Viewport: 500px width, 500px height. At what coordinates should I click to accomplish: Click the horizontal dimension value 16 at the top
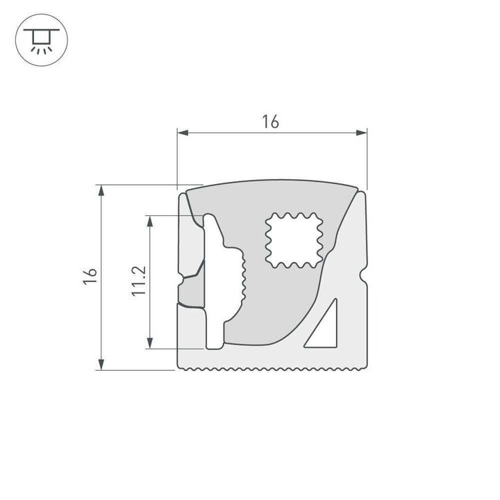(x=270, y=122)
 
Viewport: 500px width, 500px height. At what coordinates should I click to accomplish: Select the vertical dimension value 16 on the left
(x=89, y=275)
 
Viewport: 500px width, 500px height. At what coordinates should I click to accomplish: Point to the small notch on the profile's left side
(x=181, y=280)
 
